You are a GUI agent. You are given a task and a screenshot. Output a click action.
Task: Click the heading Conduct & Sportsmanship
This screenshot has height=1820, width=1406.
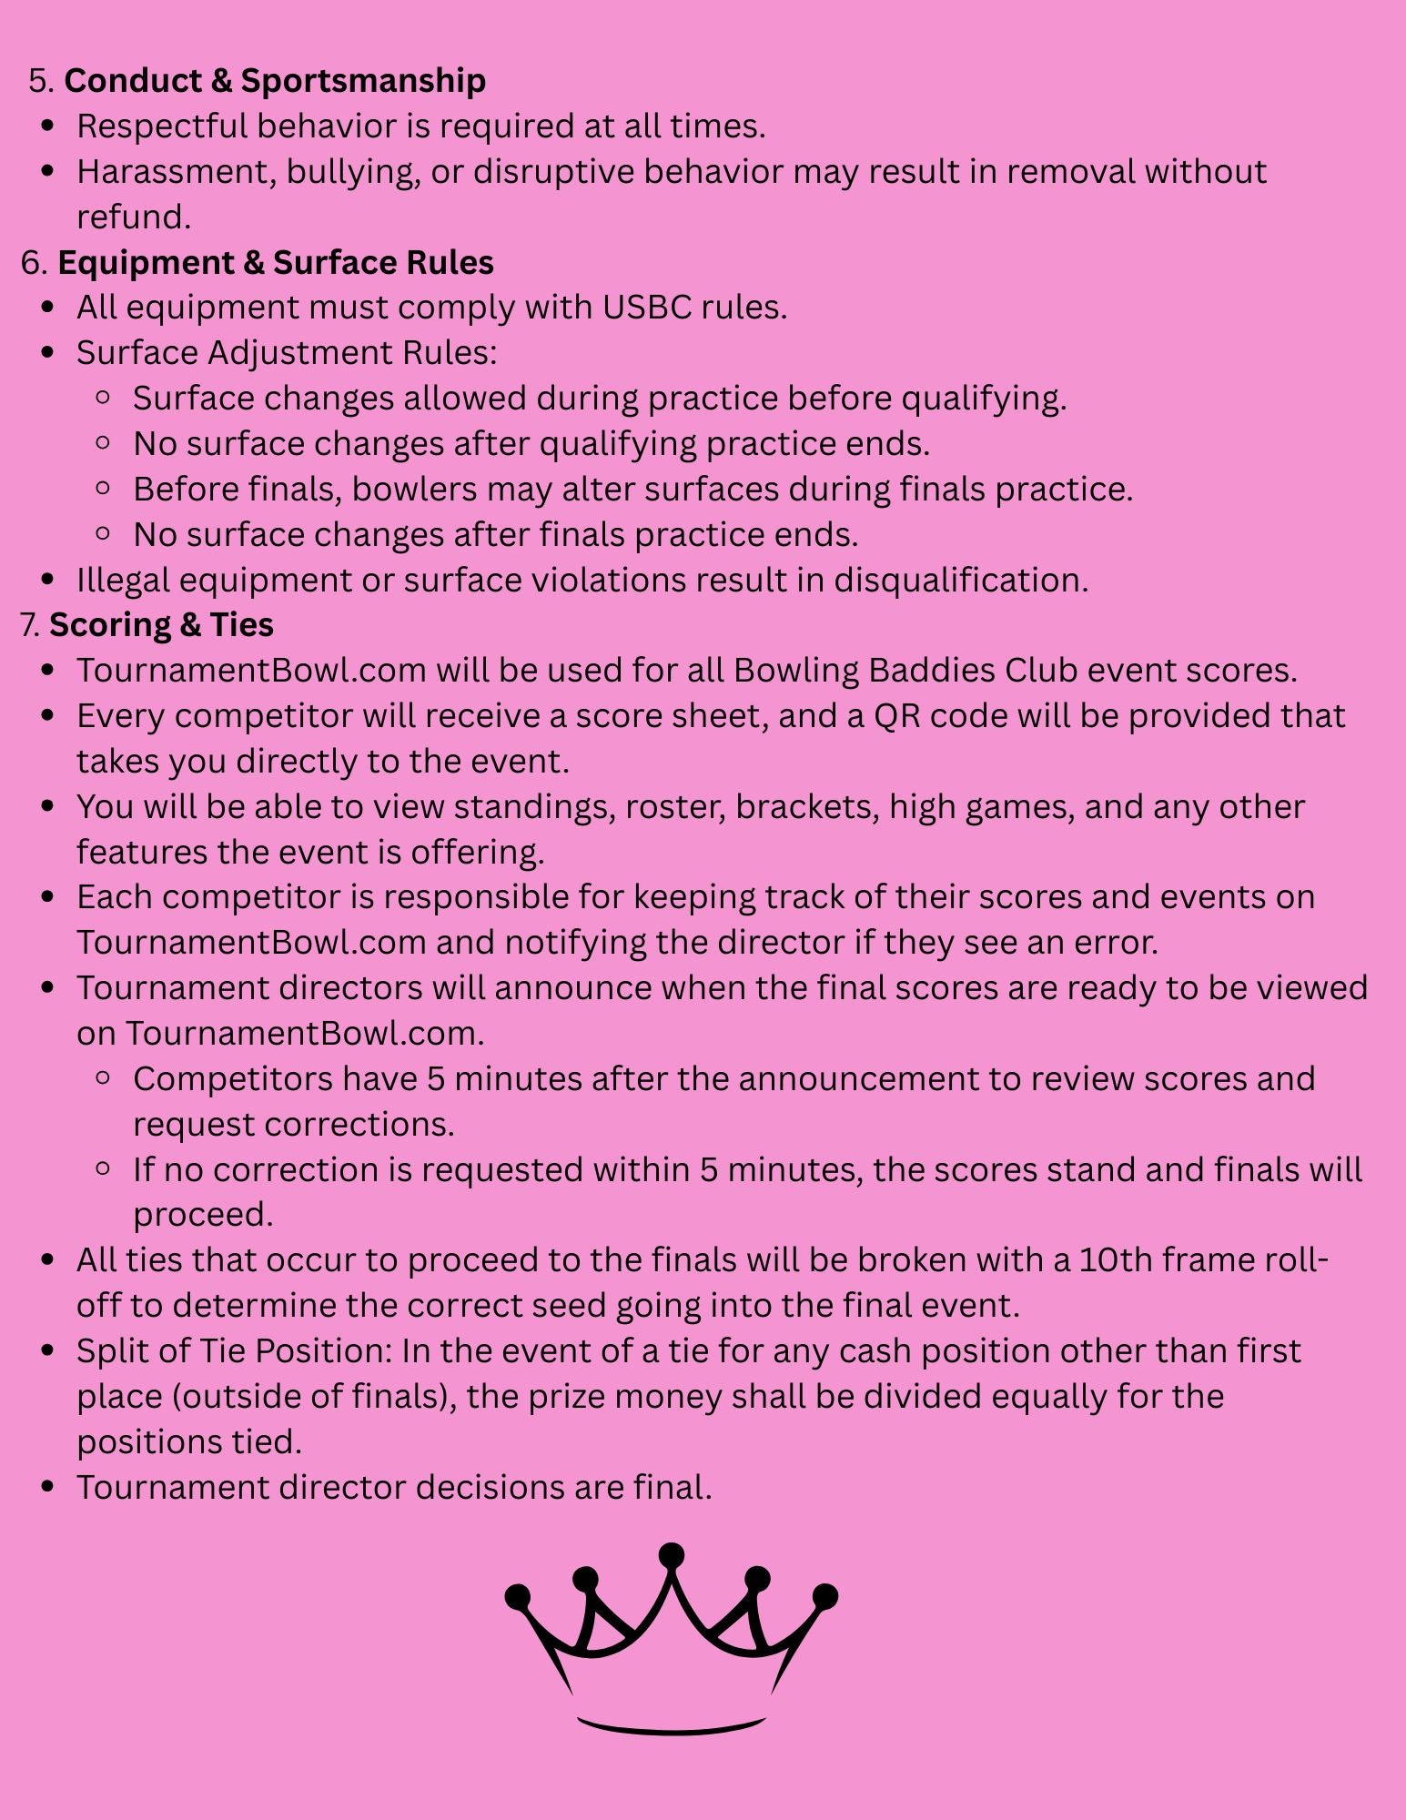click(x=275, y=81)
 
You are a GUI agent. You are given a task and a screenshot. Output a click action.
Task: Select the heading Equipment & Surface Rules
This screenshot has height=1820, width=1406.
click(x=275, y=263)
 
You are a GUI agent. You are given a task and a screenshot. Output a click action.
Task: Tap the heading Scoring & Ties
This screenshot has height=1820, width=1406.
click(x=161, y=625)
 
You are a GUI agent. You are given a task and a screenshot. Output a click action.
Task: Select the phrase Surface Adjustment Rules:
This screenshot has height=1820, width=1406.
click(x=287, y=353)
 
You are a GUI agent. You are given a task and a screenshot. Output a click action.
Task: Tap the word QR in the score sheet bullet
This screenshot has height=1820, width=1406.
click(x=896, y=716)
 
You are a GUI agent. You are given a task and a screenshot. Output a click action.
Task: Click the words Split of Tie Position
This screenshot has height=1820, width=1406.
click(x=234, y=1351)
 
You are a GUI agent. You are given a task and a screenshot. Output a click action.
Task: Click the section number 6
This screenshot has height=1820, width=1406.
click(x=32, y=263)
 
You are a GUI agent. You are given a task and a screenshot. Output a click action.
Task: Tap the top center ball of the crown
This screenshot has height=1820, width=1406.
click(x=672, y=1554)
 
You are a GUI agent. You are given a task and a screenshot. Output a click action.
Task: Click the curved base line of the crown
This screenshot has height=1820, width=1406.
click(x=672, y=1726)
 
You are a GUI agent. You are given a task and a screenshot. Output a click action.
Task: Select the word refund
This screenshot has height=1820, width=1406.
click(x=133, y=217)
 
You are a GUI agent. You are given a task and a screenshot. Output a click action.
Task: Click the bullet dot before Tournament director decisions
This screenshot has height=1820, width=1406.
click(x=49, y=1488)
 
